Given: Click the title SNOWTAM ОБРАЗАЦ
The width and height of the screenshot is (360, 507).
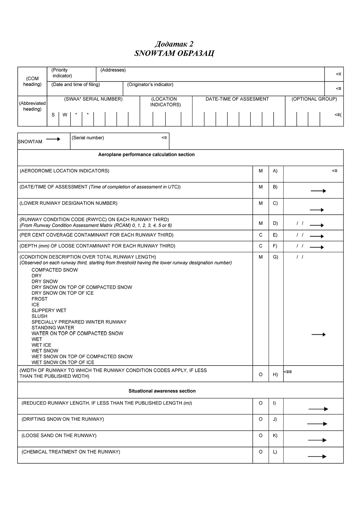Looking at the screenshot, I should (174, 53).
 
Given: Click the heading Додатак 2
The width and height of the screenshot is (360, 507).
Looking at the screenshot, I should (174, 44).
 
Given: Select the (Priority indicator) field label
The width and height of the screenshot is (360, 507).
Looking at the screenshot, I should (62, 73).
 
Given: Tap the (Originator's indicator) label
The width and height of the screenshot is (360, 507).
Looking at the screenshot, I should (150, 84).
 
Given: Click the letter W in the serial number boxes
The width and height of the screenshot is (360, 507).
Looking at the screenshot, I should (65, 115).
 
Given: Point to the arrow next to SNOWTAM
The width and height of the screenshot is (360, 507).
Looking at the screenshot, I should (53, 139).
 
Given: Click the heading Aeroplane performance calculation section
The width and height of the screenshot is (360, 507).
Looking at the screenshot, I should (146, 154).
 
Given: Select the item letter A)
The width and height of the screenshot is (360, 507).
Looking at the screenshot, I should (275, 171).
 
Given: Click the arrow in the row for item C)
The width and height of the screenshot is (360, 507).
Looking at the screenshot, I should (317, 210).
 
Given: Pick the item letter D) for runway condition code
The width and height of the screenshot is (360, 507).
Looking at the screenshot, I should (275, 223).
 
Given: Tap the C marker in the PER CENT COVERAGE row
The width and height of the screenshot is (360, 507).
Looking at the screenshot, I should (261, 235).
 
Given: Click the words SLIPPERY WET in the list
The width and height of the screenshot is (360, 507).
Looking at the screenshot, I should (49, 310).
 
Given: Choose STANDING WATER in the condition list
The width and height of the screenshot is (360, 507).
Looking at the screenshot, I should (53, 328).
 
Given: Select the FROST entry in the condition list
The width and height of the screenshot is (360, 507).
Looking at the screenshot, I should (40, 299).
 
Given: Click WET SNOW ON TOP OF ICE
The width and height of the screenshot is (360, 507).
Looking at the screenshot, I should (63, 362).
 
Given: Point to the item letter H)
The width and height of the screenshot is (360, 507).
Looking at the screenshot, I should (275, 374).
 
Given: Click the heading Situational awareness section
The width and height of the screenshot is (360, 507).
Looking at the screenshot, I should (162, 391).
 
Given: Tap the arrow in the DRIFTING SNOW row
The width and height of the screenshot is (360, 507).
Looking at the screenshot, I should (317, 424).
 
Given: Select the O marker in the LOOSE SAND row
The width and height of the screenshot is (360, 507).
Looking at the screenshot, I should (261, 435).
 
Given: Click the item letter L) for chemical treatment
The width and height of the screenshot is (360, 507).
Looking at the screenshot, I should (275, 452).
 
